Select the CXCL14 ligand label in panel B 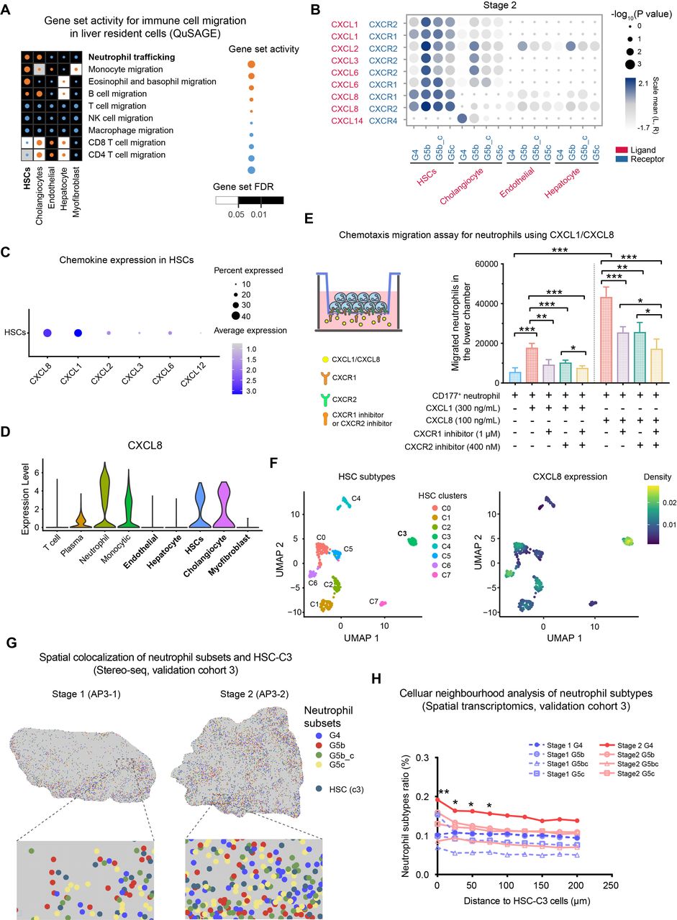pos(347,121)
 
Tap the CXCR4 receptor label pos(383,121)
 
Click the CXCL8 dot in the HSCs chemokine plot pos(47,333)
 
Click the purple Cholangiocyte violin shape pos(224,505)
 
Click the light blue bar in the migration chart pos(515,377)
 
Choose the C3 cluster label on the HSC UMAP pos(402,533)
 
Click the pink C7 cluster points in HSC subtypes pos(383,603)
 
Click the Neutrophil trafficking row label pos(132,57)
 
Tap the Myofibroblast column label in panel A pos(76,192)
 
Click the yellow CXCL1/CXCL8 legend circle pos(325,359)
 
